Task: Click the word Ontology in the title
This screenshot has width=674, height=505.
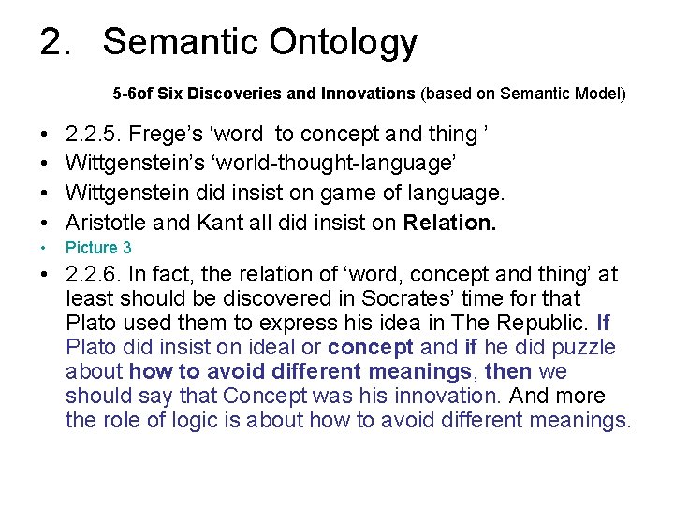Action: click(344, 43)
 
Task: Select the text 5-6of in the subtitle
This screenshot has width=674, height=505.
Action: click(130, 94)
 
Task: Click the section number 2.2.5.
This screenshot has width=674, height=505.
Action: click(96, 135)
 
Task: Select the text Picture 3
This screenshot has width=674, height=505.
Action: click(98, 248)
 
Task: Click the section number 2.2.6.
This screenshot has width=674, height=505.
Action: click(96, 275)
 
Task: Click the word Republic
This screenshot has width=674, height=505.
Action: click(540, 324)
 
